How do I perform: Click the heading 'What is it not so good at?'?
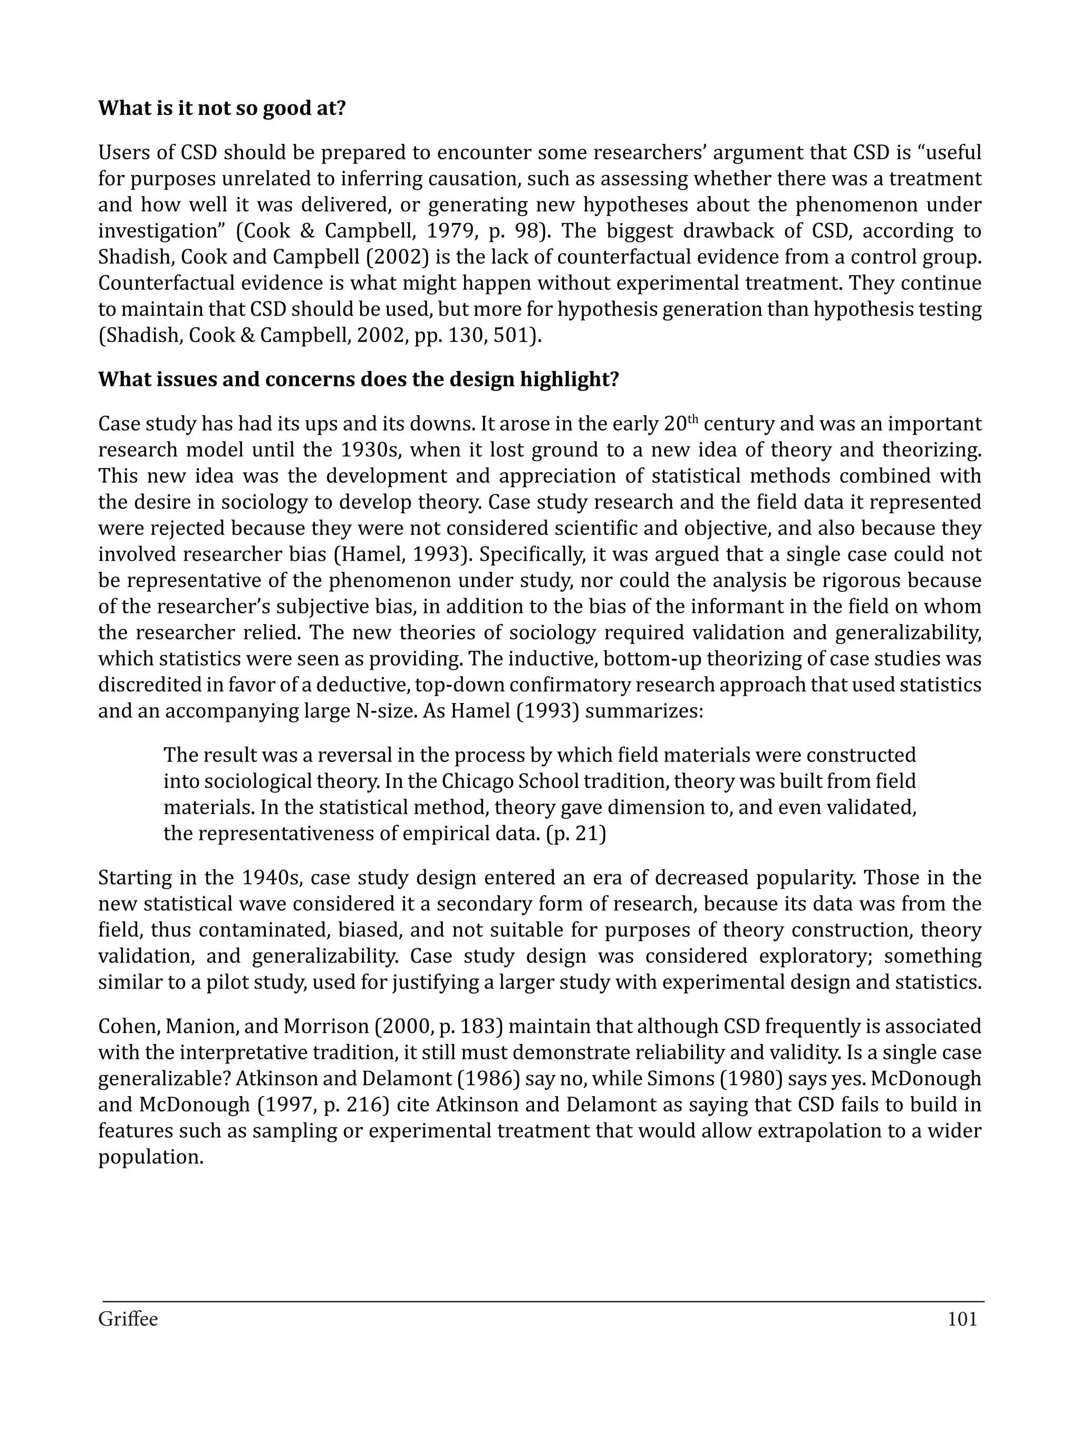tap(222, 108)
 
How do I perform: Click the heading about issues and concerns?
tap(358, 379)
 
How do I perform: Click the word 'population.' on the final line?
tap(150, 1157)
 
